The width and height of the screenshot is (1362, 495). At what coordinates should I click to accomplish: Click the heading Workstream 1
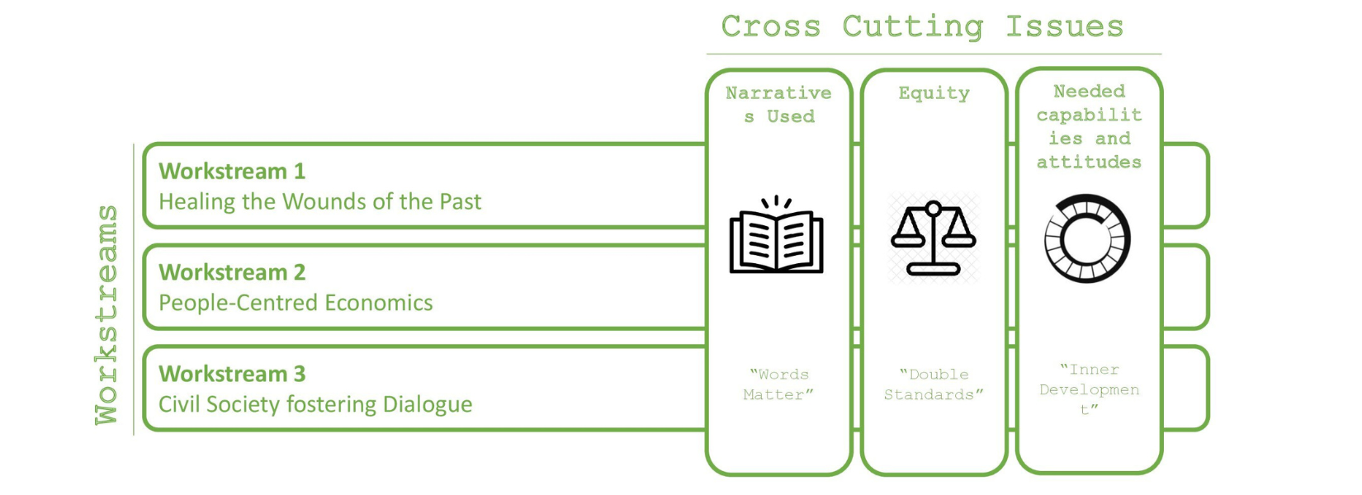pyautogui.click(x=232, y=171)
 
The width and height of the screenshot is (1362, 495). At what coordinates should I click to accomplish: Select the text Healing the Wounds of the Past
pyautogui.click(x=319, y=201)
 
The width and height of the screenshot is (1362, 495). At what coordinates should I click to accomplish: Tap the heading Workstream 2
pyautogui.click(x=232, y=272)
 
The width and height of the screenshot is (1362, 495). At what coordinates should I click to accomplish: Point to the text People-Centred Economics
pyautogui.click(x=296, y=303)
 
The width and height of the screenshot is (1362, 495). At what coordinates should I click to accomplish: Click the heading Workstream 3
pyautogui.click(x=232, y=374)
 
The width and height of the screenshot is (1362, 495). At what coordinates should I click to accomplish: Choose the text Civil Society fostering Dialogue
pyautogui.click(x=315, y=404)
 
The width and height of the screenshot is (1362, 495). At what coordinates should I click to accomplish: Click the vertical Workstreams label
pyautogui.click(x=106, y=315)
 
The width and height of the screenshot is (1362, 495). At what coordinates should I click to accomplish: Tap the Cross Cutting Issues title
pyautogui.click(x=922, y=26)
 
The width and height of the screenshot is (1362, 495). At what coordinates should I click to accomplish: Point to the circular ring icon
pyautogui.click(x=1087, y=239)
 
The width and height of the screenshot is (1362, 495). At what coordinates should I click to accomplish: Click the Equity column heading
pyautogui.click(x=934, y=93)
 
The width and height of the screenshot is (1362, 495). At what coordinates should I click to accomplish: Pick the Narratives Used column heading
pyautogui.click(x=778, y=105)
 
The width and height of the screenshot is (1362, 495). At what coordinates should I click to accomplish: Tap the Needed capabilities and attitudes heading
pyautogui.click(x=1089, y=126)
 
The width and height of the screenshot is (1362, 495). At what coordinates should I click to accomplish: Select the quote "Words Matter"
pyautogui.click(x=778, y=384)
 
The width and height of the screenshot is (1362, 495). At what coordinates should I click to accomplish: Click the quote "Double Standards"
pyautogui.click(x=934, y=384)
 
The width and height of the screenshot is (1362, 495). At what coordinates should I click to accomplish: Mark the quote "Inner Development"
pyautogui.click(x=1089, y=389)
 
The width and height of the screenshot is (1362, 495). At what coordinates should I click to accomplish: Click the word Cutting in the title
pyautogui.click(x=912, y=26)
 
